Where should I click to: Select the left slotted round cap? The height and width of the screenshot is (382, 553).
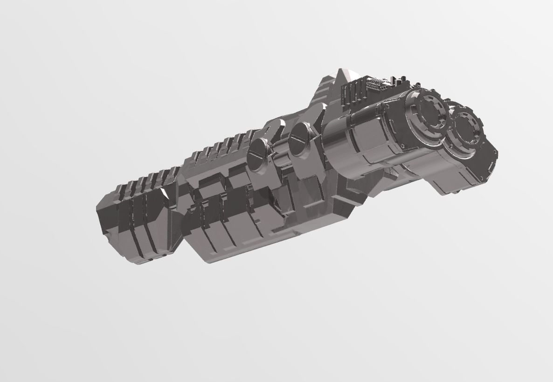(258, 155)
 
